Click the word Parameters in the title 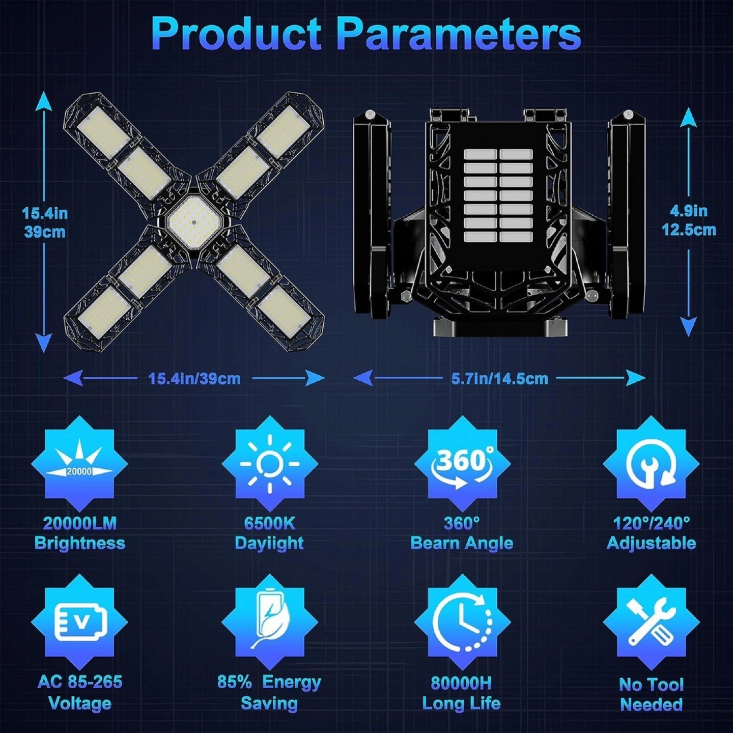[x=459, y=35]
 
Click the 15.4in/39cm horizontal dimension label [x=194, y=379]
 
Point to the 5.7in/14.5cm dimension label [x=499, y=379]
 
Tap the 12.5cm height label [x=689, y=230]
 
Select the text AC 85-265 [x=80, y=682]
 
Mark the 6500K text [x=269, y=524]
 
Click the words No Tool [x=651, y=685]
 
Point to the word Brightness [x=79, y=544]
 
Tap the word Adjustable [x=651, y=544]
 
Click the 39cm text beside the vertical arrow [x=44, y=232]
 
